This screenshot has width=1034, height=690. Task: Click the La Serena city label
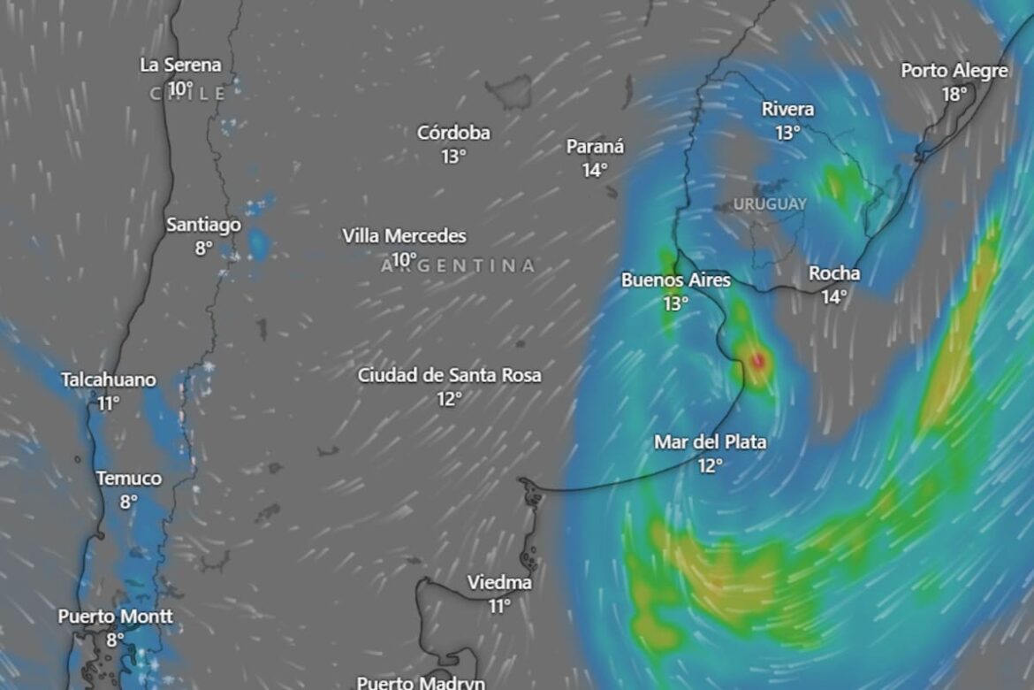(x=180, y=65)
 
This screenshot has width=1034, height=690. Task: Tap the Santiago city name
(x=203, y=226)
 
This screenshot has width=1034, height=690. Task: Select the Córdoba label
(x=453, y=134)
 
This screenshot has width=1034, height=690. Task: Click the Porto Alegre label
(x=954, y=71)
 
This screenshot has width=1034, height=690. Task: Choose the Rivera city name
(x=787, y=110)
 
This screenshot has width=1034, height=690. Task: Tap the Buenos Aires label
(x=676, y=280)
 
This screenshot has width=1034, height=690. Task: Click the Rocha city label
(x=833, y=274)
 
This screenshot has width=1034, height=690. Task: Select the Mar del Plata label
(x=710, y=442)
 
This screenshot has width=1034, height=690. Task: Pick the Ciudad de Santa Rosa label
(x=449, y=376)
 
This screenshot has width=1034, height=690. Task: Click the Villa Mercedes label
(x=404, y=236)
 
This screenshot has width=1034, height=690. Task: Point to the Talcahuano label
(x=109, y=380)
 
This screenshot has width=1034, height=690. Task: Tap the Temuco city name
(x=129, y=479)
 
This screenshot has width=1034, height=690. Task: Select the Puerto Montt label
(x=116, y=617)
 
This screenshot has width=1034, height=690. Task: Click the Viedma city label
(x=499, y=583)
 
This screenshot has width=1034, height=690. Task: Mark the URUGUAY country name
(x=770, y=204)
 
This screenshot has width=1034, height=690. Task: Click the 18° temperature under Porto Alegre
(x=954, y=94)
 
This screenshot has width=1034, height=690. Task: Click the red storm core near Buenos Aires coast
(x=757, y=360)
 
